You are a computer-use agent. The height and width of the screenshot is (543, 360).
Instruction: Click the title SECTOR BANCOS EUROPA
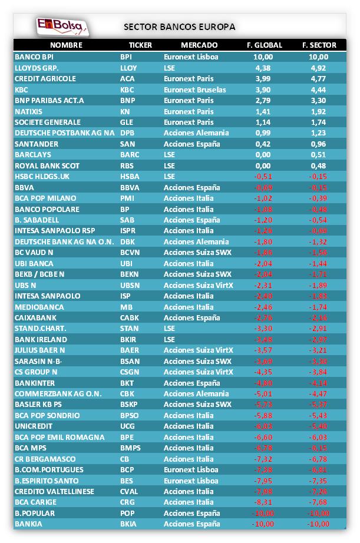click(x=180, y=27)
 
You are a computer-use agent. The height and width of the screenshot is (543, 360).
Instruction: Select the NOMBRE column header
click(x=66, y=45)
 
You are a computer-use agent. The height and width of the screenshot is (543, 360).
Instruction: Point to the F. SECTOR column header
click(x=319, y=45)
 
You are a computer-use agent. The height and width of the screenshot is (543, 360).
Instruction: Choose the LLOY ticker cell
click(x=128, y=68)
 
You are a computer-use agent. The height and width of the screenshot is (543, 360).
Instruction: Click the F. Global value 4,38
click(x=263, y=68)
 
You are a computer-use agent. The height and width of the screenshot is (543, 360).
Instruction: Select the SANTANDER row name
click(x=37, y=144)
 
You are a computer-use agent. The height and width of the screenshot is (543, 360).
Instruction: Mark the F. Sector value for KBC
click(x=318, y=90)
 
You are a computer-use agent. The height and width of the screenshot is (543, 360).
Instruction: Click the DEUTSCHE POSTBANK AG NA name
click(x=64, y=133)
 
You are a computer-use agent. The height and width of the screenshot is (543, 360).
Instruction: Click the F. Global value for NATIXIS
click(x=263, y=111)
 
